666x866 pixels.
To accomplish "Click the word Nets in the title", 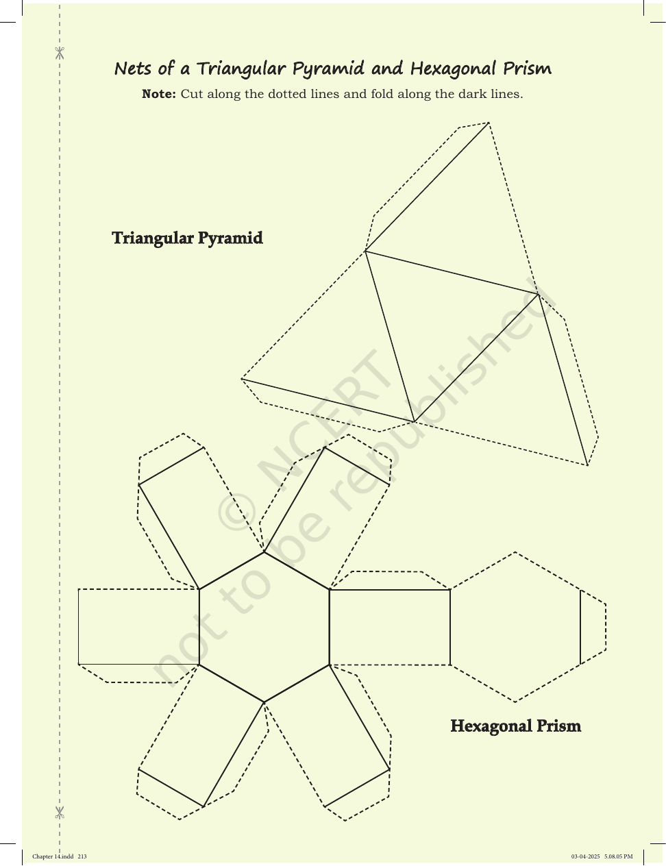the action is [133, 69].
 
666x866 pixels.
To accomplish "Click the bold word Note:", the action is [159, 94].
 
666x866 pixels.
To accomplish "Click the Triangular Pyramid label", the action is [187, 238].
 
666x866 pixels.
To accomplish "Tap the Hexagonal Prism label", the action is [516, 726].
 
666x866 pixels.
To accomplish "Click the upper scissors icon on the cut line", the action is [60, 53].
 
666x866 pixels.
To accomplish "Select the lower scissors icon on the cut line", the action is [60, 813].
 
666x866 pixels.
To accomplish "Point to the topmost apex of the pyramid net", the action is [489, 123].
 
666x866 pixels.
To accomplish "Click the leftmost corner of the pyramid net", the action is [242, 379].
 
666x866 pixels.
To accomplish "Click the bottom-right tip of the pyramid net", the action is [587, 465].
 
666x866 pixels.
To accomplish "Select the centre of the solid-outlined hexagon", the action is [264, 627].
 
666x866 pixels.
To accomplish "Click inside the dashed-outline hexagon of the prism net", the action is [515, 627].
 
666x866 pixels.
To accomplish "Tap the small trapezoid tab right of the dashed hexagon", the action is [593, 628].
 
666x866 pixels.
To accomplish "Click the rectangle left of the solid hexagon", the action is [138, 627].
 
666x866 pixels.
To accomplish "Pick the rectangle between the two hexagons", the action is [390, 628].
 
